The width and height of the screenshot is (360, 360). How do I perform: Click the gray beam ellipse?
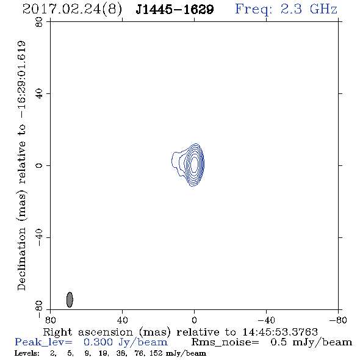tap(70, 300)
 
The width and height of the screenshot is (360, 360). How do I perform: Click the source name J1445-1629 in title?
tap(175, 10)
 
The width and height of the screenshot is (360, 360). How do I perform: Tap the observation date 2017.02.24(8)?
tap(72, 10)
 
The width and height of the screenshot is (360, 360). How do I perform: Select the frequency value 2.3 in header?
tap(291, 9)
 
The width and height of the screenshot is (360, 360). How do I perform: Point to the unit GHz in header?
tap(323, 9)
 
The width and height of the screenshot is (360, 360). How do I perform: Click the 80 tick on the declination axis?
tap(39, 22)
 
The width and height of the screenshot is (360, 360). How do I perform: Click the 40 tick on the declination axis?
tap(39, 94)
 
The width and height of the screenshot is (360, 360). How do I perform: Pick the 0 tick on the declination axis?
tap(39, 165)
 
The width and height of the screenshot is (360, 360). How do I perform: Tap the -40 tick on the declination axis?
tap(39, 237)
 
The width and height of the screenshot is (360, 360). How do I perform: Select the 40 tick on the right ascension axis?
tap(123, 320)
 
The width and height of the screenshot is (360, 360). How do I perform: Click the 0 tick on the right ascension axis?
tap(194, 320)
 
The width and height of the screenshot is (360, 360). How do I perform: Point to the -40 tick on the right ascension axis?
tap(266, 320)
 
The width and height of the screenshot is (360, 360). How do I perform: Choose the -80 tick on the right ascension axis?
tap(338, 320)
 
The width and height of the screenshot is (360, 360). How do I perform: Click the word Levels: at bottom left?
tap(27, 353)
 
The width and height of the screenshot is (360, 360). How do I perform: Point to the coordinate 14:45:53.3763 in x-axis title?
tap(280, 332)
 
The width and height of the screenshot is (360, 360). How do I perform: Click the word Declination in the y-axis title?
tap(21, 259)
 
